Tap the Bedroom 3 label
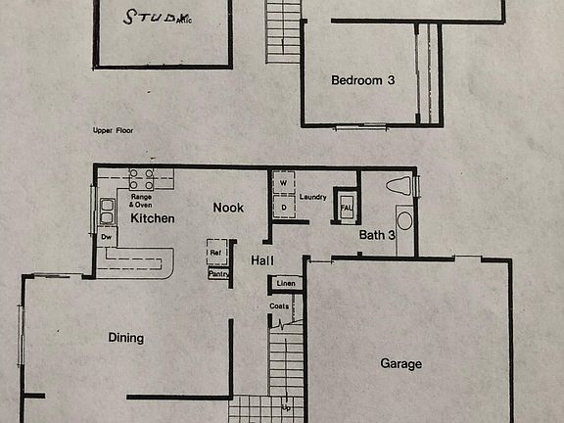(x=362, y=80)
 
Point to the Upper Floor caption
(x=115, y=129)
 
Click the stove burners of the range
(x=141, y=179)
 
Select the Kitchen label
(x=152, y=218)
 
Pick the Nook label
(x=228, y=208)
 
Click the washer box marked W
(x=283, y=182)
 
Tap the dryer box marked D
(x=283, y=207)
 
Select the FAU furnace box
(x=346, y=207)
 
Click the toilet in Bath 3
(x=399, y=184)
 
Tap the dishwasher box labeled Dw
(x=106, y=237)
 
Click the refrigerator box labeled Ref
(x=216, y=253)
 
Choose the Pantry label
(x=217, y=274)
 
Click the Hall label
(x=261, y=260)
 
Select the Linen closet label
(x=285, y=284)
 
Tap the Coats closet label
(x=279, y=306)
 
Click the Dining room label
(x=125, y=338)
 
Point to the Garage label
(x=400, y=363)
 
